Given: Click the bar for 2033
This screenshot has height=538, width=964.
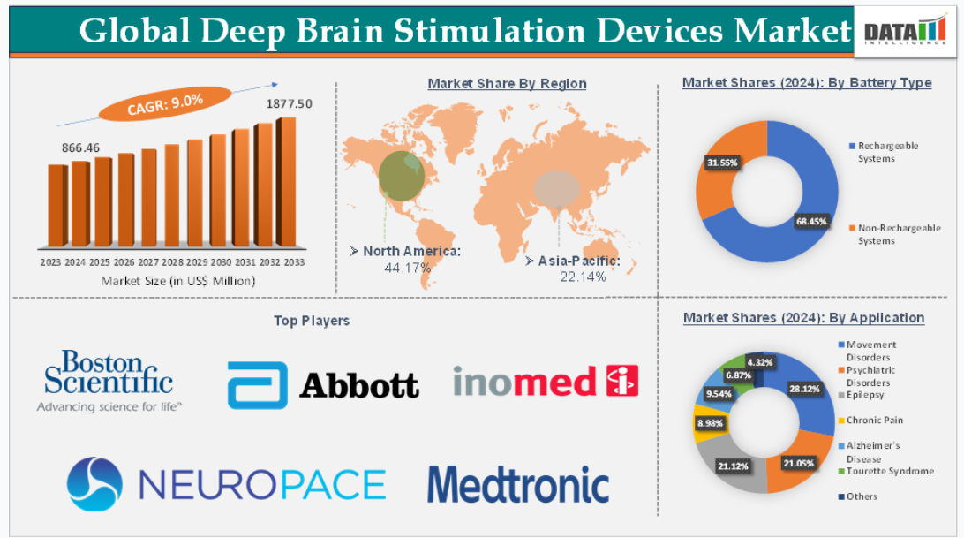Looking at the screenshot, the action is [287, 182].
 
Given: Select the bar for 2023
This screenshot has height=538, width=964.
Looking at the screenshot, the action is [57, 206].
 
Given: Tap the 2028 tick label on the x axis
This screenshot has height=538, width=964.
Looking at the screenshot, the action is [172, 262].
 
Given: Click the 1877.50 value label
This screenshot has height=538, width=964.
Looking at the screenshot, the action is [289, 104].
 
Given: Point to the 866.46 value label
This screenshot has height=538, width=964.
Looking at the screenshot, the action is [80, 148].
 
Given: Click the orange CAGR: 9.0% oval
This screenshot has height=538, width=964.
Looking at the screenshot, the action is [165, 103].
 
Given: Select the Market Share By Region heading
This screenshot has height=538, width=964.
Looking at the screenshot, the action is [508, 83].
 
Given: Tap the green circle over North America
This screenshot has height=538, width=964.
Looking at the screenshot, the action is [402, 176].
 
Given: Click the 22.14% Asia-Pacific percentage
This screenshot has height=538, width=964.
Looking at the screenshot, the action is [583, 277].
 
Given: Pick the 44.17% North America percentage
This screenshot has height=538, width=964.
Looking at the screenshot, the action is [408, 268].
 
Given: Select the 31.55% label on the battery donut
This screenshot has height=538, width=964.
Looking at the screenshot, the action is [722, 163].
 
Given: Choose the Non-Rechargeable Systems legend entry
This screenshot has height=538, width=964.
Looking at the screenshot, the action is [895, 234].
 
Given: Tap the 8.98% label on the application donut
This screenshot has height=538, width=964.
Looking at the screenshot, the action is [710, 423].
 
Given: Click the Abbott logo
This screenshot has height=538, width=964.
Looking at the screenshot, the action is [323, 385].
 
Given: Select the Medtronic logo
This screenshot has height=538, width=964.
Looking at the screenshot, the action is [518, 484].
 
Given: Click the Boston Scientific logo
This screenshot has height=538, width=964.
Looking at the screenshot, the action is [109, 381].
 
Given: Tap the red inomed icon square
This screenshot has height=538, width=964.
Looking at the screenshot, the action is [622, 381].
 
